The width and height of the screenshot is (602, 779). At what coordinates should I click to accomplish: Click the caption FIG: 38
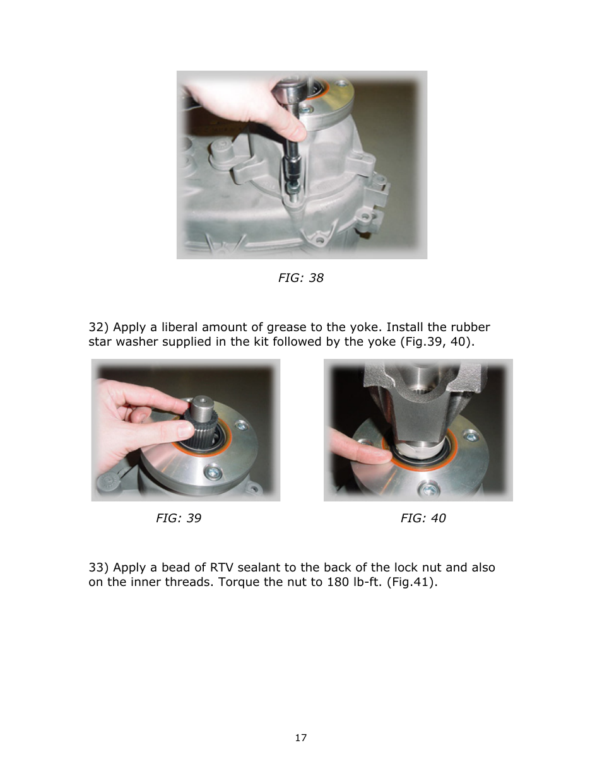300,278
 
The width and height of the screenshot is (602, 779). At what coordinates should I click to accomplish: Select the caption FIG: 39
179,518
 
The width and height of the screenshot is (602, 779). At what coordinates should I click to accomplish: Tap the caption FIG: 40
423,518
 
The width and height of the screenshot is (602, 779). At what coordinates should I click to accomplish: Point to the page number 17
301,738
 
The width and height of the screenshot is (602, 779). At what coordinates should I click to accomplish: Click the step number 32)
98,327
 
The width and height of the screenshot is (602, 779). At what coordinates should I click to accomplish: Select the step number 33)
98,568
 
